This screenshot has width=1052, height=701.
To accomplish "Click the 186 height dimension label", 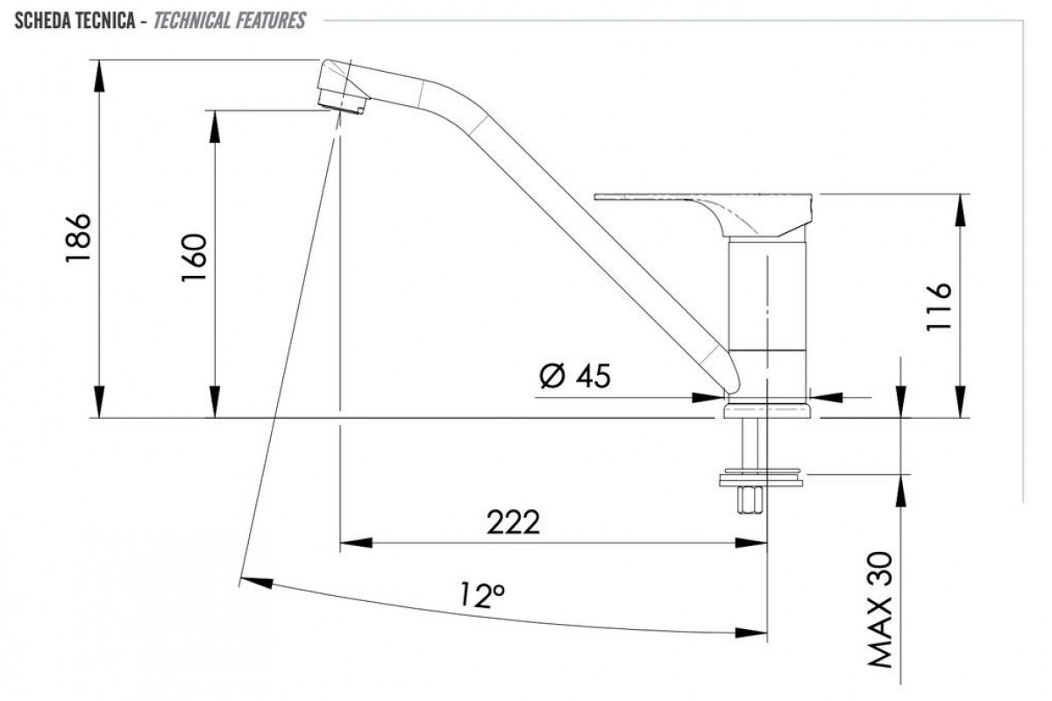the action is [x=78, y=238].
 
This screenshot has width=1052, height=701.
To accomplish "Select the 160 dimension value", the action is [x=194, y=258].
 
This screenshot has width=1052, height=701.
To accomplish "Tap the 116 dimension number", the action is [x=938, y=307].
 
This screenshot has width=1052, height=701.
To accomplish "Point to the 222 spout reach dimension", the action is [x=513, y=522].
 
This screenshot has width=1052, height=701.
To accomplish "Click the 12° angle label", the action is [x=482, y=594].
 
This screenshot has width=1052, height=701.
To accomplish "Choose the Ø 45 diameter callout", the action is [x=575, y=376].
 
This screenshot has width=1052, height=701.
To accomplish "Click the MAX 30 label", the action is [x=879, y=610].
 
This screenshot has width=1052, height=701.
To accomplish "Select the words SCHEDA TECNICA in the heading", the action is [x=75, y=21].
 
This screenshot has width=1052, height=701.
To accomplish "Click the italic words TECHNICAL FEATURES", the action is [x=230, y=21].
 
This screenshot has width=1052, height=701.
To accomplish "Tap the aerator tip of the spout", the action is [x=341, y=102].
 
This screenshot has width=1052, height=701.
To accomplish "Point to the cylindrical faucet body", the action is [x=767, y=318].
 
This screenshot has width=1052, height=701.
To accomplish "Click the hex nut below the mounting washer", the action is [x=750, y=500].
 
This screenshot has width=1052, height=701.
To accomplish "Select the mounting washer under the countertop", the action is [x=761, y=477].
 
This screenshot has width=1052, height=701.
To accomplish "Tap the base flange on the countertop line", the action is [x=767, y=410].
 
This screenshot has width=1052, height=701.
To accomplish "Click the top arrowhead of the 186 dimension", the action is [x=99, y=76].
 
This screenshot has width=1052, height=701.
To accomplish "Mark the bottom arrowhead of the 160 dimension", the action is [x=215, y=401].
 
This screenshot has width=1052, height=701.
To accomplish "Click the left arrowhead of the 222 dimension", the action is [x=356, y=543].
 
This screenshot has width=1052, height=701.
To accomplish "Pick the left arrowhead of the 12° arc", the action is [x=256, y=583].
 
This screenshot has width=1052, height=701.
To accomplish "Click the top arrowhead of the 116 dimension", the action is [x=962, y=210].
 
